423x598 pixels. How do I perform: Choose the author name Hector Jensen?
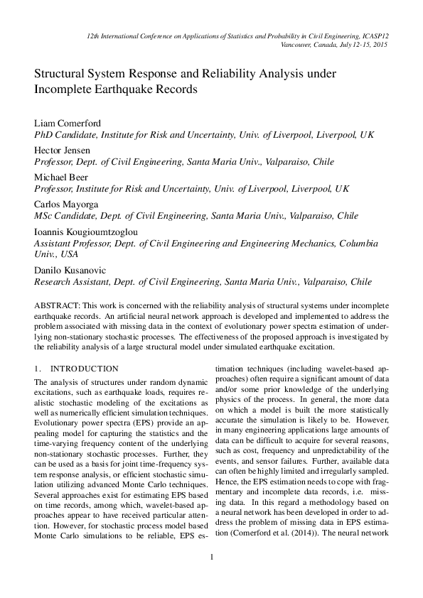[x=62, y=151]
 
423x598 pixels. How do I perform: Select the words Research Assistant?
[x=70, y=281]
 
